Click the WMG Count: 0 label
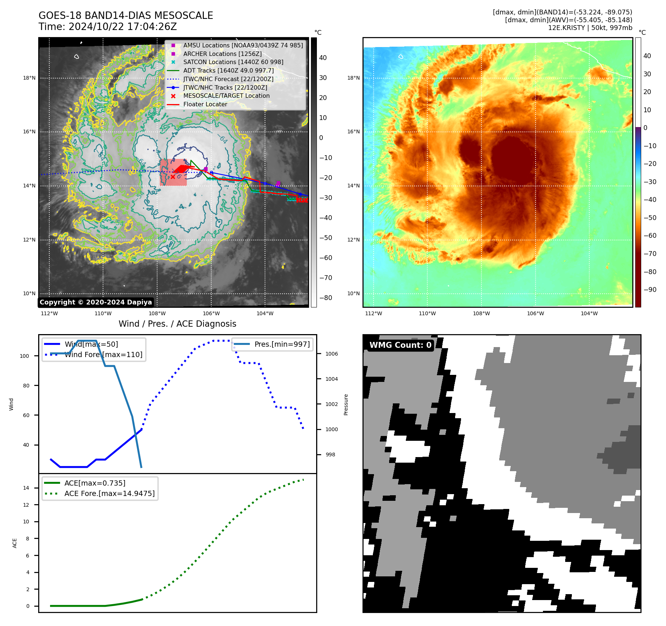click(400, 345)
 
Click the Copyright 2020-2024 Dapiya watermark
click(96, 302)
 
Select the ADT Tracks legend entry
click(228, 70)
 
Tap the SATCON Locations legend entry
click(233, 62)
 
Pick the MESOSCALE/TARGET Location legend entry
click(226, 96)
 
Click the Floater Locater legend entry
click(205, 104)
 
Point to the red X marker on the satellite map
click(173, 177)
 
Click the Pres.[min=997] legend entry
click(282, 344)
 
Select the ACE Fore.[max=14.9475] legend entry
click(109, 493)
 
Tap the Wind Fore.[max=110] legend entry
click(103, 354)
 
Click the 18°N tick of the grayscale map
click(29, 78)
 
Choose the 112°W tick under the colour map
click(373, 313)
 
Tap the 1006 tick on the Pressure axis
click(331, 354)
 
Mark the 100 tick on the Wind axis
click(24, 356)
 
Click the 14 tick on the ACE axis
click(26, 488)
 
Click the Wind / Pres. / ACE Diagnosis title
click(177, 324)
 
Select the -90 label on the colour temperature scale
click(650, 290)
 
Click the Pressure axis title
click(346, 404)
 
